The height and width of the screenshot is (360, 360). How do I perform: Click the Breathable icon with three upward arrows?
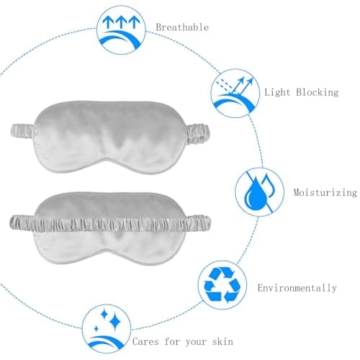click(121, 30)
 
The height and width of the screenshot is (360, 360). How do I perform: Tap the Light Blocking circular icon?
click(235, 93)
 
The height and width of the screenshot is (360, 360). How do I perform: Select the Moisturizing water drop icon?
click(259, 192)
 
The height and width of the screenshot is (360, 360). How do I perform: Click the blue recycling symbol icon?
click(222, 285)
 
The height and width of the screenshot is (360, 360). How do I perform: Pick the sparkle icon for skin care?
click(107, 329)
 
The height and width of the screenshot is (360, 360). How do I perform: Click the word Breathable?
click(182, 27)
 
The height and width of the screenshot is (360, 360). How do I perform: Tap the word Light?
click(277, 92)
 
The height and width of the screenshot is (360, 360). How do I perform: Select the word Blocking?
click(318, 92)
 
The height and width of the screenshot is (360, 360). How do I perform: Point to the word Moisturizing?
click(325, 192)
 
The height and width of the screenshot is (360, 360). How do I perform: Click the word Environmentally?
click(297, 288)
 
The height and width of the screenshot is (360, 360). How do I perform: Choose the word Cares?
click(145, 341)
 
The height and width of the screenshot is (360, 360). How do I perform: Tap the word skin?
click(222, 341)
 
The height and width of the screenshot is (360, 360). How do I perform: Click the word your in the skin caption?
click(196, 342)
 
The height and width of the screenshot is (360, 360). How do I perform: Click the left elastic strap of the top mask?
click(24, 131)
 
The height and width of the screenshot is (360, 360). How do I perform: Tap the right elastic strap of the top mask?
click(198, 133)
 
